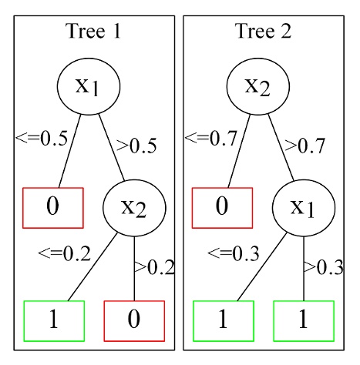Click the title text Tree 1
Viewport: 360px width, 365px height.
[x=93, y=32]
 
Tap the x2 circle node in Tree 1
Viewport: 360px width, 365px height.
[x=134, y=206]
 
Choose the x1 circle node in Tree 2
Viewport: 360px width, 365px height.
[x=302, y=206]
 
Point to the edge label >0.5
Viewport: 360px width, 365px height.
[x=136, y=144]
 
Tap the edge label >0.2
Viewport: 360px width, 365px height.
[x=154, y=267]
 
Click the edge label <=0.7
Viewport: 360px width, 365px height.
[x=210, y=139]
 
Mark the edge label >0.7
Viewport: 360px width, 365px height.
[x=305, y=144]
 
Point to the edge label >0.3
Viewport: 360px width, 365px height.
[x=322, y=267]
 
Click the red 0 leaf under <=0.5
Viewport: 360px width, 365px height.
[x=52, y=206]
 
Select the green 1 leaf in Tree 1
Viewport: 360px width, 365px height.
[x=54, y=320]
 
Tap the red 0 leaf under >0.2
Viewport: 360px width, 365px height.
[x=134, y=320]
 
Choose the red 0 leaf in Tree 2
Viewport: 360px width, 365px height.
[x=222, y=206]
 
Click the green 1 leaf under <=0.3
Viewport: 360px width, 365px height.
[x=223, y=320]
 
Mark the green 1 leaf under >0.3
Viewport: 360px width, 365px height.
[x=303, y=320]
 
